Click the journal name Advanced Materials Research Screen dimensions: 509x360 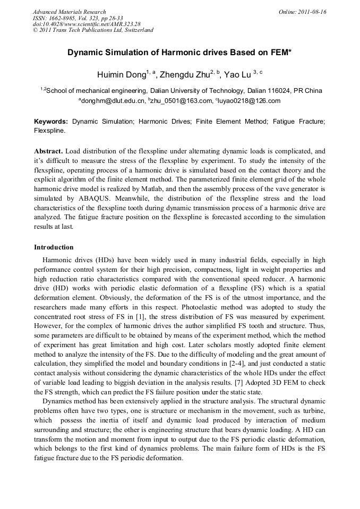tap(69, 12)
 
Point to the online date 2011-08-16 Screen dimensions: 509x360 tap(312, 12)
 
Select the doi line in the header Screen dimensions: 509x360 tap(87, 24)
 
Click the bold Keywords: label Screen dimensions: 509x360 tap(51, 122)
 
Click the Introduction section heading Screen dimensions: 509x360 tap(54, 247)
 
